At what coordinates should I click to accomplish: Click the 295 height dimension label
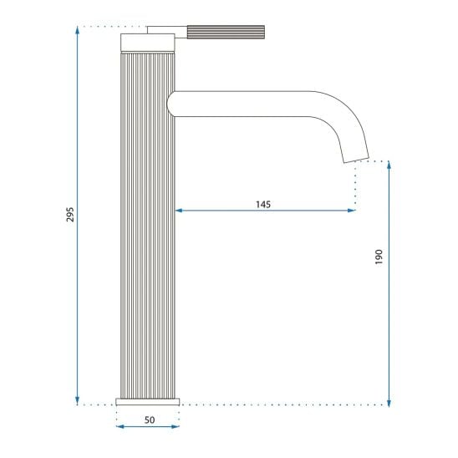tap(70, 215)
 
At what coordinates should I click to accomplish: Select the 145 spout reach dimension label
tap(263, 204)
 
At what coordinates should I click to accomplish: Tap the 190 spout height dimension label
tap(379, 257)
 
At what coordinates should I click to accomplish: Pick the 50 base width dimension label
tap(150, 420)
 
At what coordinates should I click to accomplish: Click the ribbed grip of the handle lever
tap(226, 32)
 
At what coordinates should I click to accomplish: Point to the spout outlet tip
tap(356, 160)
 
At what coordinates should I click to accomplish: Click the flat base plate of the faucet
tap(147, 402)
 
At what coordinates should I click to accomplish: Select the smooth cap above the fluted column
tap(148, 43)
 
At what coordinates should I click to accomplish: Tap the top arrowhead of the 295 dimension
tap(77, 30)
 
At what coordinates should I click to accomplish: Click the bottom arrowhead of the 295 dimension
tap(77, 401)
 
